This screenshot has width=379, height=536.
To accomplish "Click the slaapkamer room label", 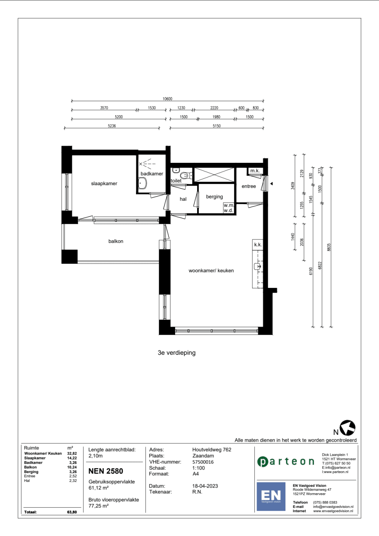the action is pos(104,184).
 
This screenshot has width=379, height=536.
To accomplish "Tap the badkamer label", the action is pos(152,174).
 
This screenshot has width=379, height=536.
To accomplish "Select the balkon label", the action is pos(116,241).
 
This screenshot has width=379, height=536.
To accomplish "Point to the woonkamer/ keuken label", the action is pos(211,270).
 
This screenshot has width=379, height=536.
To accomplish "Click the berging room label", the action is pos(214,197).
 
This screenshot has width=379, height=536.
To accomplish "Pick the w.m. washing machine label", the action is pos(229,205).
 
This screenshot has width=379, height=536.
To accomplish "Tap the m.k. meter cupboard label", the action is pos(255,171).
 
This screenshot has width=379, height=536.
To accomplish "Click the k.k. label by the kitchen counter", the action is pos(258,245).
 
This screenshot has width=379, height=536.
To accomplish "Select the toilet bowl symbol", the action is pos(185,176).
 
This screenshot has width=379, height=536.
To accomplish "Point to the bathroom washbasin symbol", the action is pos(143,183).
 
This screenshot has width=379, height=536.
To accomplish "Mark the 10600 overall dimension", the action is pos(168,99).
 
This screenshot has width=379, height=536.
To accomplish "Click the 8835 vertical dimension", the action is pos(329,247).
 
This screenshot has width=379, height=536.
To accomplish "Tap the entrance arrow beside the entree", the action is pos(271,184).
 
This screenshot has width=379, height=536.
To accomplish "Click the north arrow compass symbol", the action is pos(348,428).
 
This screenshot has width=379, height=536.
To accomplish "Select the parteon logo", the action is pos(286,462).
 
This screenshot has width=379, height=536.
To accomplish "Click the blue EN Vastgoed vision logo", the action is pos(271,497).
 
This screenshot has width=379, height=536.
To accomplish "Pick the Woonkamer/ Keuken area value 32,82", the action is pos(72,453).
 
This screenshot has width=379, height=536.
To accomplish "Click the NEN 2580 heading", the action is pos(106,471).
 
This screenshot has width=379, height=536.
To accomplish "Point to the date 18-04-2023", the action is pos(205,486).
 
